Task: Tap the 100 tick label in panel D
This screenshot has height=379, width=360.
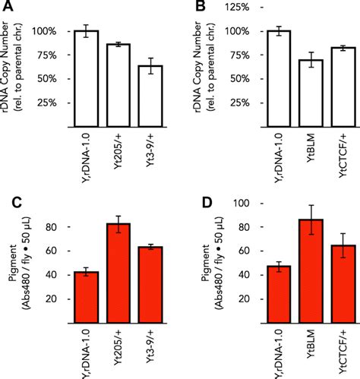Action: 241,204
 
